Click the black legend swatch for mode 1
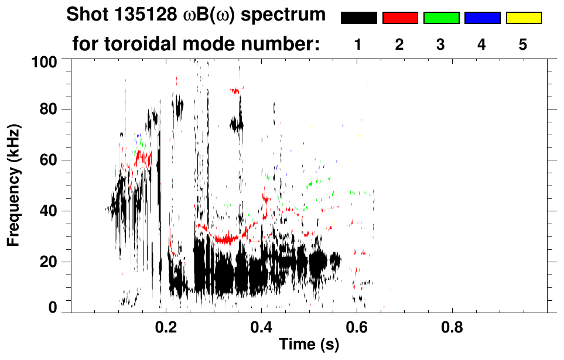pyautogui.click(x=358, y=18)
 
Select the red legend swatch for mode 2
pyautogui.click(x=400, y=18)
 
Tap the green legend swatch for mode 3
pyautogui.click(x=441, y=18)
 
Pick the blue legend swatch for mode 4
pyautogui.click(x=482, y=18)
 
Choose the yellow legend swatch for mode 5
pyautogui.click(x=524, y=18)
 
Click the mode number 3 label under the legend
pyautogui.click(x=441, y=44)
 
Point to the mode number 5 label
pyautogui.click(x=524, y=44)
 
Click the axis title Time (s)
pyautogui.click(x=308, y=345)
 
